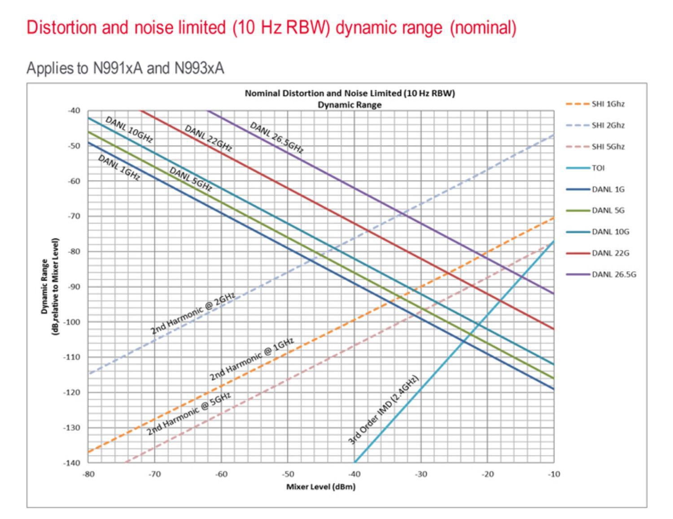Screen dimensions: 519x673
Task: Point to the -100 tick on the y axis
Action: [x=72, y=322]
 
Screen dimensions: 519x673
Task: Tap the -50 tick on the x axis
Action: [x=288, y=475]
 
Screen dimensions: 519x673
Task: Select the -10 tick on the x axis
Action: [x=554, y=475]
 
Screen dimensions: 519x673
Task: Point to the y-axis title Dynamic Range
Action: [x=44, y=287]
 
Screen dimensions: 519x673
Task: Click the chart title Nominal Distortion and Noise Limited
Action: [x=350, y=93]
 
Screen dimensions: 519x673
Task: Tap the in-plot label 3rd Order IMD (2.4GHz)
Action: [x=383, y=410]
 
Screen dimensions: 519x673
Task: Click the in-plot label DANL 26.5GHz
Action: [x=276, y=138]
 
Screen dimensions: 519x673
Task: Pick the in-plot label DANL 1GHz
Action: [x=119, y=168]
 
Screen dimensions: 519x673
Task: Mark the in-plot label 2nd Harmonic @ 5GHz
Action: [x=189, y=413]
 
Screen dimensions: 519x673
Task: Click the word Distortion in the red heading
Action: [x=61, y=28]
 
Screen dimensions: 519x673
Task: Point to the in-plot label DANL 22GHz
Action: [x=208, y=138]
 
